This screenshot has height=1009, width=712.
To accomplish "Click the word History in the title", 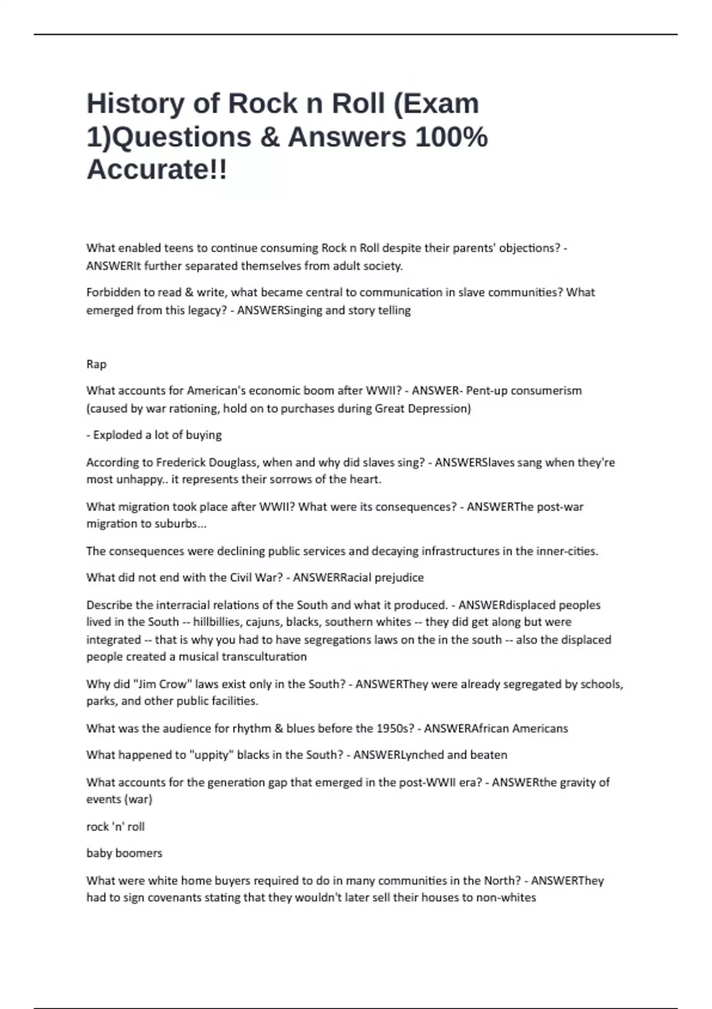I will click(x=136, y=104).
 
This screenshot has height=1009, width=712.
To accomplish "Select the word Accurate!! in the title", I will click(x=157, y=170).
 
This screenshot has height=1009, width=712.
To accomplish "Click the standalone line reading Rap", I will click(x=96, y=364).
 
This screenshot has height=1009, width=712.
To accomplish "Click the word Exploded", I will click(x=116, y=434).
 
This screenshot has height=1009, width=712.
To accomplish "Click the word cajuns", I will click(x=264, y=621).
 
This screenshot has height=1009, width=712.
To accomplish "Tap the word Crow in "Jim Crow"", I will click(x=172, y=684).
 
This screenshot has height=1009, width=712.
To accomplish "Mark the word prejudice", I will click(x=399, y=578).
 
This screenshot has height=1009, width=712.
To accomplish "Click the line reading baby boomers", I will click(x=124, y=853).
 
